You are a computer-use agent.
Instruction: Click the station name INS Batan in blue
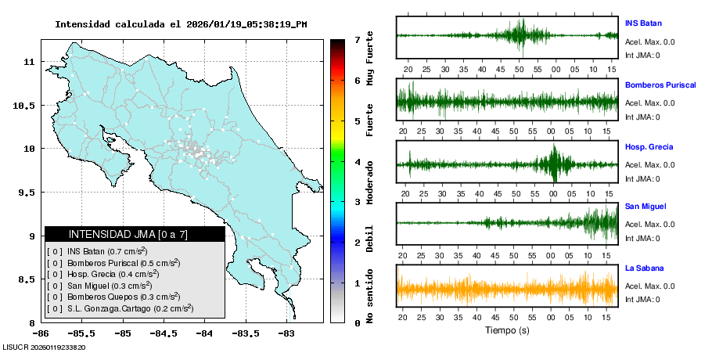tap(642, 23)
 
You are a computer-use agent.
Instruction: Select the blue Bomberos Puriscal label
tap(660, 85)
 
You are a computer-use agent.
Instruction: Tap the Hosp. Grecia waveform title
tap(649, 146)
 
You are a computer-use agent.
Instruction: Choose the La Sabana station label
tap(643, 268)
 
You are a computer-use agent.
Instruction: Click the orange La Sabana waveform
tap(507, 288)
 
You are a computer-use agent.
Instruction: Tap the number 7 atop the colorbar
tap(357, 39)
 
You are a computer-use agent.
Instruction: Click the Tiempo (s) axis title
tap(507, 330)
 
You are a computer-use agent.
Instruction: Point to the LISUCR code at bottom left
tap(44, 347)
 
